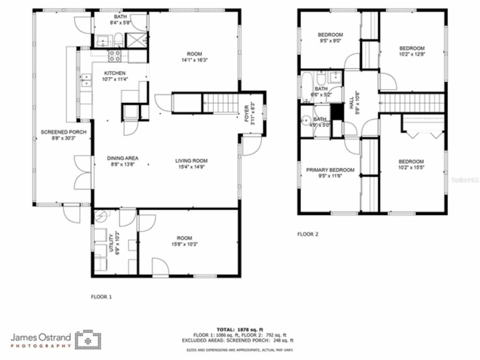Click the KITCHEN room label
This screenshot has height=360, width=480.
(x=115, y=73)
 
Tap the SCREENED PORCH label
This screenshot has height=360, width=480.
(x=63, y=132)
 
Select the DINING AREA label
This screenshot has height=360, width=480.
(x=123, y=158)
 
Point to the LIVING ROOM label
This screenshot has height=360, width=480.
(x=191, y=161)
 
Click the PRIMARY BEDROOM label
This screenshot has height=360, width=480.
(x=330, y=170)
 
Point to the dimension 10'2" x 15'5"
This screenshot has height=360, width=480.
(x=411, y=168)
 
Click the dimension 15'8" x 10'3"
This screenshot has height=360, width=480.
(x=184, y=244)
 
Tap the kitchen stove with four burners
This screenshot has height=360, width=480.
(x=115, y=56)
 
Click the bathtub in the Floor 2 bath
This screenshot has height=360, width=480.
(x=306, y=87)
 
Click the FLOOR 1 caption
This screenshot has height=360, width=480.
(x=101, y=297)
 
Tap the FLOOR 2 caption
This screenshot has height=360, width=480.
(x=307, y=234)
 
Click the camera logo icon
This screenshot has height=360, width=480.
(x=88, y=340)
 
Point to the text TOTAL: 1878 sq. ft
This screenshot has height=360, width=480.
(x=240, y=330)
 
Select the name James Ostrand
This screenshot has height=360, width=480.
(x=40, y=337)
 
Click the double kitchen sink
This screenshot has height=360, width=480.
(x=86, y=80)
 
